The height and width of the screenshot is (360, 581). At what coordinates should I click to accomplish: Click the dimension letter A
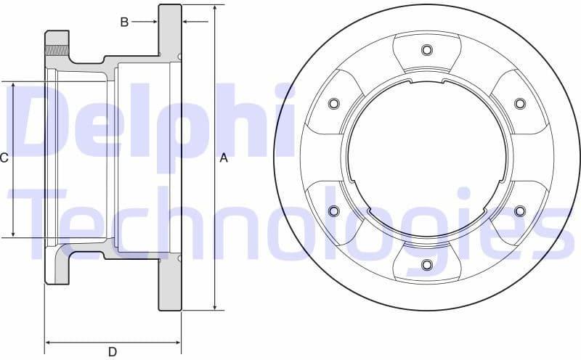(224, 158)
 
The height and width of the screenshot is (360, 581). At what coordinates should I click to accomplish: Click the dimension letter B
(124, 22)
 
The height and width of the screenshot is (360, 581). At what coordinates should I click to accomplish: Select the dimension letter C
(4, 158)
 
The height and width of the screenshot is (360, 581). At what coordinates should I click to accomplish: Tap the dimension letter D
(113, 352)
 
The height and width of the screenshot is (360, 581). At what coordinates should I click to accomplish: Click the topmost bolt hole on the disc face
(427, 50)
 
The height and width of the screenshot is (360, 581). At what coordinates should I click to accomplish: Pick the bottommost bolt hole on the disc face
(427, 264)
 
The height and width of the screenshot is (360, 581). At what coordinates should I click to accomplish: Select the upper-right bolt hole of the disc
(520, 104)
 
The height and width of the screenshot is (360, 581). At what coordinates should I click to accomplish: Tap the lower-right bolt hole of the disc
(520, 211)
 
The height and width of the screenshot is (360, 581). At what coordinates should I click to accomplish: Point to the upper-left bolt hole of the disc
(334, 104)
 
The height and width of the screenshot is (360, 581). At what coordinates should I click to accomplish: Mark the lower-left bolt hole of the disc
(334, 211)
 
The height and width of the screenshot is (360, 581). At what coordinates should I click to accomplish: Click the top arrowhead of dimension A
(215, 9)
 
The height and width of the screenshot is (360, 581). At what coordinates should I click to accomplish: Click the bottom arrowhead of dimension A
(215, 306)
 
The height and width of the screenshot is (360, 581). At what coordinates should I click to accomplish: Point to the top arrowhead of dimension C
(14, 86)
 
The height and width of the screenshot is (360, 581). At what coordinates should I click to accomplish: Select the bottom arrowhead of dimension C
(14, 233)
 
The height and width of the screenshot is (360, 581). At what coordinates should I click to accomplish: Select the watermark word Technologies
(290, 218)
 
